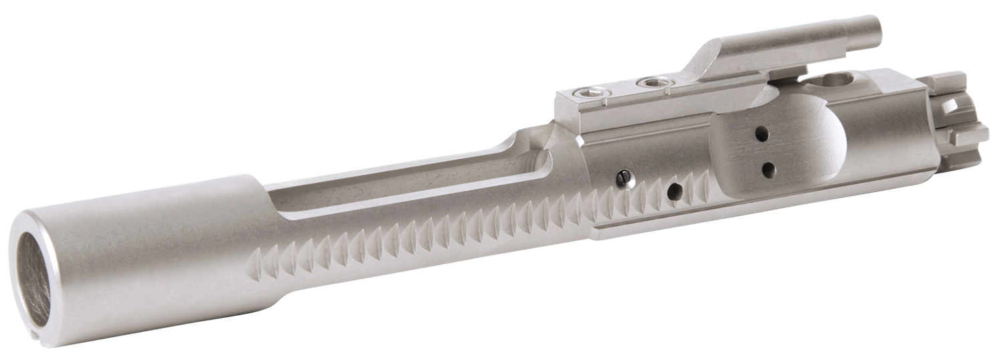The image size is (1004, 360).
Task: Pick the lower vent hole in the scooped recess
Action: pos(768,167)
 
